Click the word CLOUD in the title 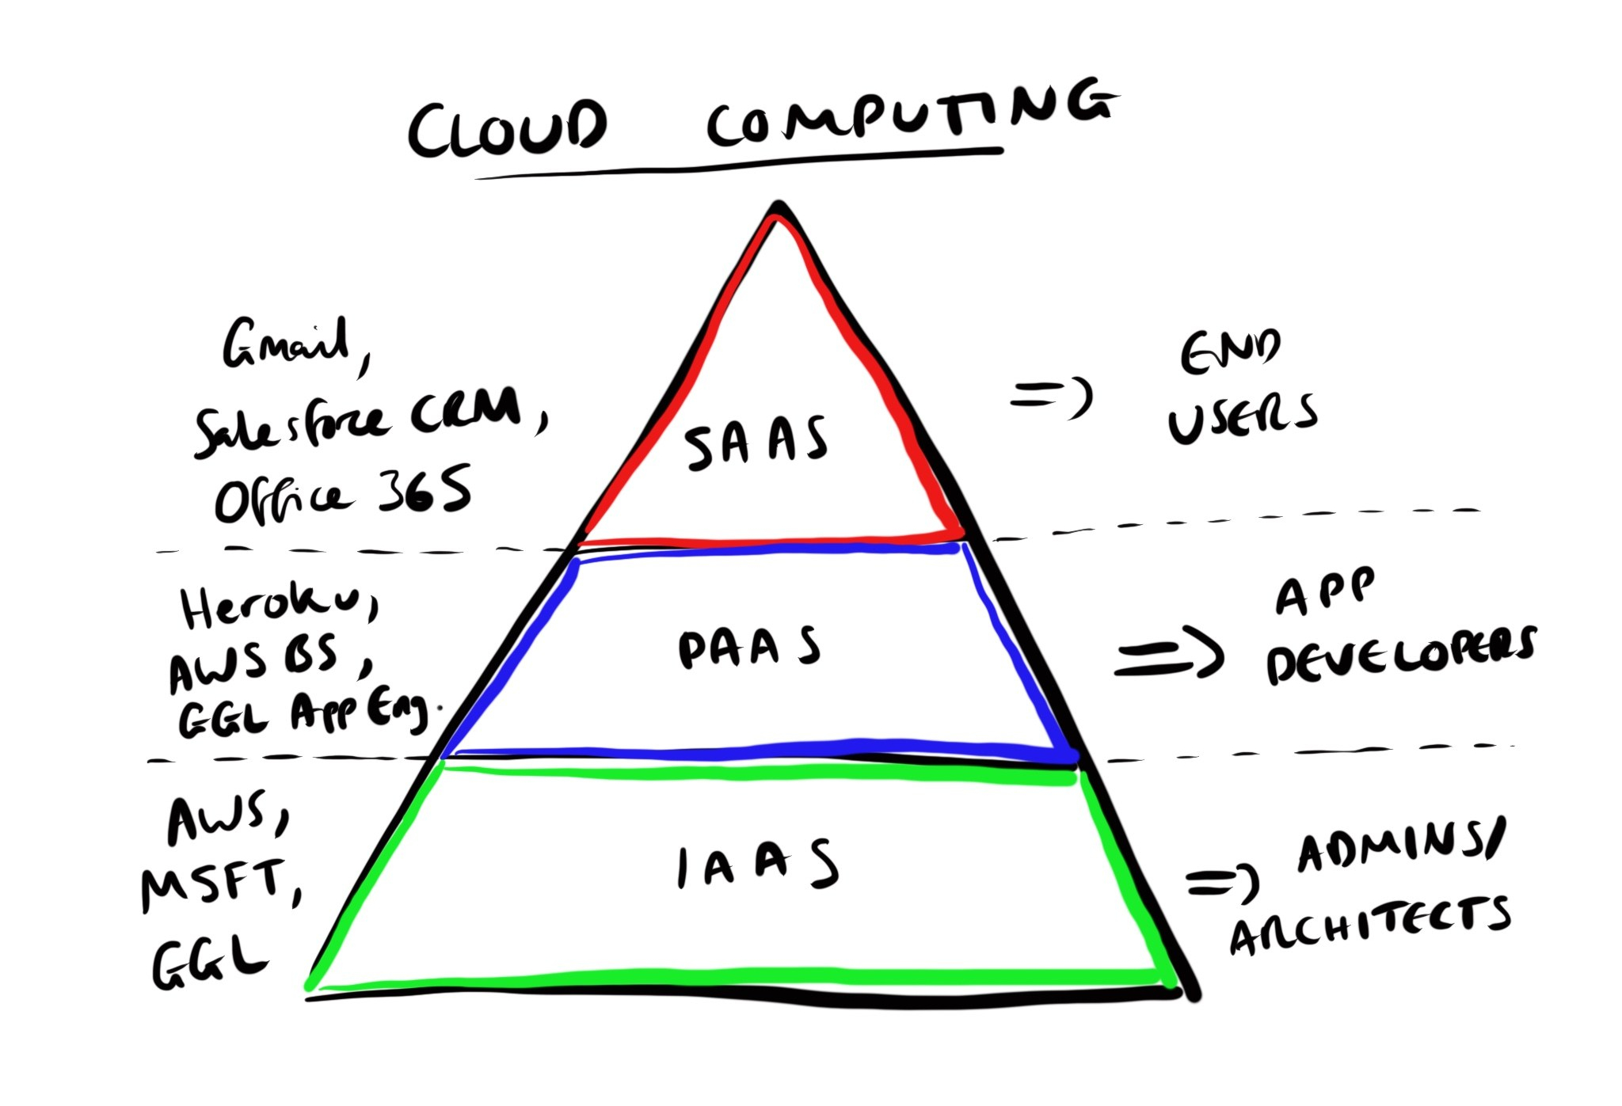(507, 128)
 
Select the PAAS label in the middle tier (749, 648)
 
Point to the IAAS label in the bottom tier (756, 865)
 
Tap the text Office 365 (342, 494)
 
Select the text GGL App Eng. (305, 714)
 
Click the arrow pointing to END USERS (1052, 396)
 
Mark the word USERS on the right (1242, 417)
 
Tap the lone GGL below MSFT (208, 962)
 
